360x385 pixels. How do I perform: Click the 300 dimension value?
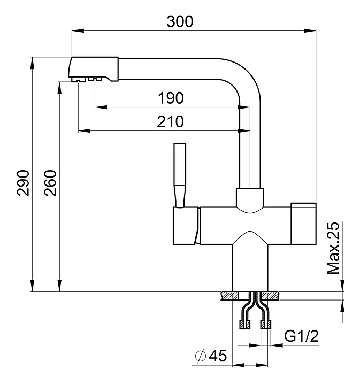point(180,21)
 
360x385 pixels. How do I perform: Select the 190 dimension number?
point(171,98)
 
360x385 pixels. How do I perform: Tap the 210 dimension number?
point(171,122)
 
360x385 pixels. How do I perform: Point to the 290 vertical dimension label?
point(24,183)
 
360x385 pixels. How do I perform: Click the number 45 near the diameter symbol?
point(217,355)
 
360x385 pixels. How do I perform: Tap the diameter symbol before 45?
point(201,355)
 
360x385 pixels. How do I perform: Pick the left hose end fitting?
point(244,324)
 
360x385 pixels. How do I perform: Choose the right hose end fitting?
point(265,324)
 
